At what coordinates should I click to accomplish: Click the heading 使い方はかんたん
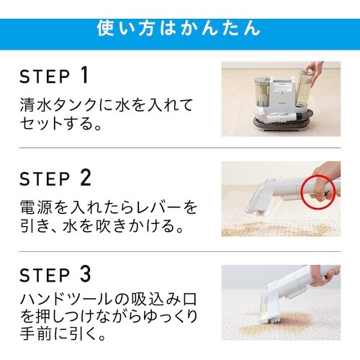pyautogui.click(x=179, y=29)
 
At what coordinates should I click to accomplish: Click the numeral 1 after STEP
pyautogui.click(x=84, y=76)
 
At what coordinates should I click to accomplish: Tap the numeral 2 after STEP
pyautogui.click(x=86, y=178)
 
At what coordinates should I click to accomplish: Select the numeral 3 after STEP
pyautogui.click(x=86, y=274)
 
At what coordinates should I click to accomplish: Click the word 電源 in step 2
pyautogui.click(x=36, y=207)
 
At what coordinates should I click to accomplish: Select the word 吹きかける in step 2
pyautogui.click(x=132, y=226)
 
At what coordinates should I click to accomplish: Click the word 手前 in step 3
pyautogui.click(x=36, y=333)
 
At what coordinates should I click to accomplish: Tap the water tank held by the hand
pyautogui.click(x=303, y=89)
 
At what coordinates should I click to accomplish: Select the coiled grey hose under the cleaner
pyautogui.click(x=283, y=120)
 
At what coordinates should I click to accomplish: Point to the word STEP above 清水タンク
pyautogui.click(x=45, y=76)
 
